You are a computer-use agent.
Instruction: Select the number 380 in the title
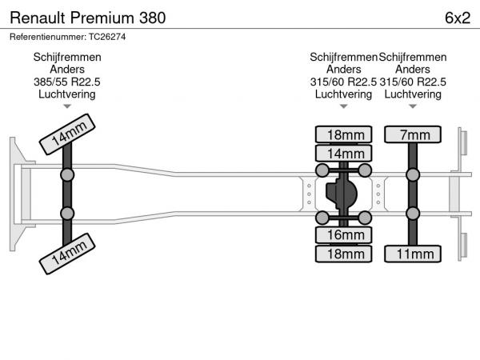tap(152, 17)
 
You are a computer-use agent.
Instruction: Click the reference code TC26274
tap(107, 37)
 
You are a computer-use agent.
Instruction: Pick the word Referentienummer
tap(46, 37)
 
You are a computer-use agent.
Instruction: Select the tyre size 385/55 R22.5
tap(67, 82)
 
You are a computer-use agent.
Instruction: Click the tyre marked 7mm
tap(413, 134)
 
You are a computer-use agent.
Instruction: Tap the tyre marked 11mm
tap(413, 254)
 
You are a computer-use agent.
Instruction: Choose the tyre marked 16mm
tap(345, 235)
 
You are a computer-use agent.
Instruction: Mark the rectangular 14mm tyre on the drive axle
tap(345, 153)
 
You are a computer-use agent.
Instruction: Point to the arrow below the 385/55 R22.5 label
tap(67, 106)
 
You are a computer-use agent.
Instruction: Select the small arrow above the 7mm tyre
tap(413, 106)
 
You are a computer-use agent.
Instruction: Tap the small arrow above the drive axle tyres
tap(343, 106)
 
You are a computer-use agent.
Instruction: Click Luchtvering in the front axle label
tap(67, 94)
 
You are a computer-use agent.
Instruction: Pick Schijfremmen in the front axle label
tap(67, 57)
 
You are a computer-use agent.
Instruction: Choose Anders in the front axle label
tap(67, 70)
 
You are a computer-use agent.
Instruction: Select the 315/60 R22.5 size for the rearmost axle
tap(413, 82)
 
